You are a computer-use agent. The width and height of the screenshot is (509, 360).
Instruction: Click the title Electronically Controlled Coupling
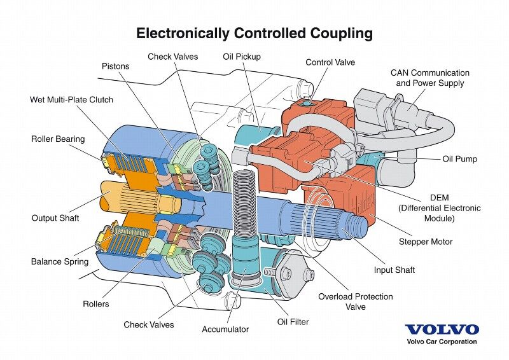coord(254,32)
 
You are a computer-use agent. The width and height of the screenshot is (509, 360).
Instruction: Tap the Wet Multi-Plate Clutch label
coord(71,100)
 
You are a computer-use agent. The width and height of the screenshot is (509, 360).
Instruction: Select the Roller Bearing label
coord(58,139)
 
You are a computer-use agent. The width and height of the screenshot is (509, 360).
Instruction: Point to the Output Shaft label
coord(55,218)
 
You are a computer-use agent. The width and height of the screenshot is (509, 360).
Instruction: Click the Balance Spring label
coord(60,261)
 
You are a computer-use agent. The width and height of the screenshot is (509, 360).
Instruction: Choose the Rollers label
coord(96,303)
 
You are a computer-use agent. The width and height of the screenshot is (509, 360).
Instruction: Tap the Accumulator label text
coord(225,329)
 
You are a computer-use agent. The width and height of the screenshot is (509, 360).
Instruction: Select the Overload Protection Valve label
coord(356,301)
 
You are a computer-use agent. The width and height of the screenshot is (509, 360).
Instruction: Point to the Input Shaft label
coord(394,270)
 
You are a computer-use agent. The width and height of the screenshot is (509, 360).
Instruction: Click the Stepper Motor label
coord(426,242)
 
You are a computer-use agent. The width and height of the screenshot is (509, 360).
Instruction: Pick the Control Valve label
coord(330,62)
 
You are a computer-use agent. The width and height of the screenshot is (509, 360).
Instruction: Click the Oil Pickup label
coord(242,57)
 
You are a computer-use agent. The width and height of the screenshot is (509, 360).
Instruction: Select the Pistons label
coord(115,66)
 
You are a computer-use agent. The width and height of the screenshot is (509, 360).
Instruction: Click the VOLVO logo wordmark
coord(442,329)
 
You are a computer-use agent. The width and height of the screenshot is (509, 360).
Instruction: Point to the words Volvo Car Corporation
coord(442,342)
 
